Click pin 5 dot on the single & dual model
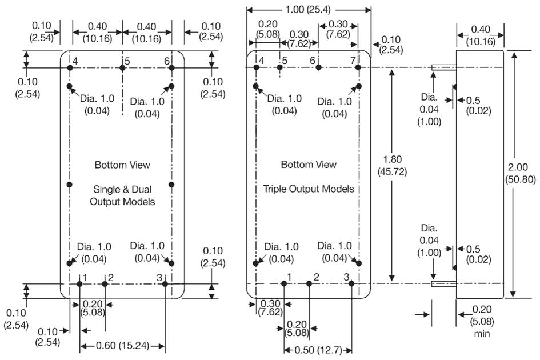pyautogui.click(x=122, y=67)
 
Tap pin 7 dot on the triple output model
pyautogui.click(x=358, y=67)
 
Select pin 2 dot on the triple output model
pyautogui.click(x=309, y=283)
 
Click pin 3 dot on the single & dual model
pyautogui.click(x=165, y=283)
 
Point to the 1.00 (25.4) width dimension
pyautogui.click(x=309, y=10)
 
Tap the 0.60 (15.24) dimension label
pyautogui.click(x=123, y=346)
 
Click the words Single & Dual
pyautogui.click(x=122, y=189)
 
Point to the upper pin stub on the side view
pyautogui.click(x=443, y=67)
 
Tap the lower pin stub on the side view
pyautogui.click(x=443, y=283)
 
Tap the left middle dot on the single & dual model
pyautogui.click(x=70, y=184)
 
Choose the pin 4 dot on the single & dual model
pyautogui.click(x=70, y=67)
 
